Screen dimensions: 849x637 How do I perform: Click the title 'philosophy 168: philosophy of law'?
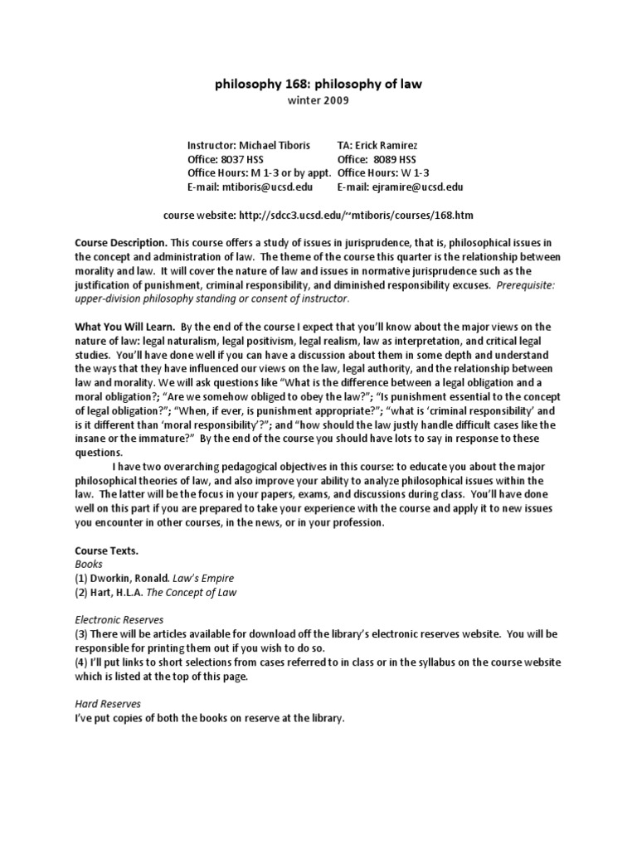pos(318,84)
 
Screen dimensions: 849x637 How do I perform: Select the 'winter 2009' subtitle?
pos(318,101)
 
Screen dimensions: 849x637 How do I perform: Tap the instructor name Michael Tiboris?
pos(273,145)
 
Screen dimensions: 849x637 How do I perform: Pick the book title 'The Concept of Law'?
pos(189,592)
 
